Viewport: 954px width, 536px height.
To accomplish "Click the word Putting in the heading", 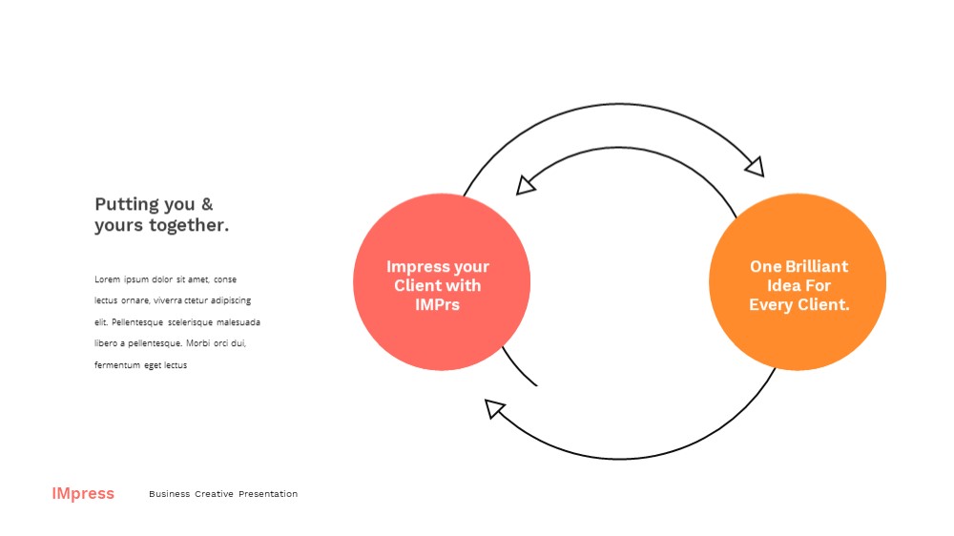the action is pyautogui.click(x=127, y=204).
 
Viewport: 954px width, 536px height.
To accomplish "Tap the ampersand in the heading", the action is pyautogui.click(x=207, y=204).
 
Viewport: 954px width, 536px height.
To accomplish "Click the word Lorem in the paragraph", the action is pyautogui.click(x=107, y=279).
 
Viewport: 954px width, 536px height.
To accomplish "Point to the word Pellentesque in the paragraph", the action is pyautogui.click(x=137, y=322).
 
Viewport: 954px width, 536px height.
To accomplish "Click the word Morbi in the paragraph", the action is pyautogui.click(x=197, y=343).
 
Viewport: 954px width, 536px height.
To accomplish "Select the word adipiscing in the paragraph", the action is pyautogui.click(x=231, y=300).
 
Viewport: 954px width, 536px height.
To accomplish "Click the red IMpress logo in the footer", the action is pyautogui.click(x=83, y=493).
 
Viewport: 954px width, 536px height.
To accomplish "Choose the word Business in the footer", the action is pyautogui.click(x=169, y=494).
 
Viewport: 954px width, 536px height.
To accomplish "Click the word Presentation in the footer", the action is pyautogui.click(x=268, y=494).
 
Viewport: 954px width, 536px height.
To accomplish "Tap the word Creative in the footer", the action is pyautogui.click(x=214, y=494).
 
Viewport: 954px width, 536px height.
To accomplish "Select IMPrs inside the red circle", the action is pyautogui.click(x=438, y=304).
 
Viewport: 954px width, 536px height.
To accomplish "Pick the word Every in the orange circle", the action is pyautogui.click(x=769, y=304).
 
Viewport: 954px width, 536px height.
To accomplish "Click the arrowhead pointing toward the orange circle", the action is pyautogui.click(x=755, y=167).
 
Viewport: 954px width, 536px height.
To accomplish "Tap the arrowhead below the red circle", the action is pyautogui.click(x=494, y=407).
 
